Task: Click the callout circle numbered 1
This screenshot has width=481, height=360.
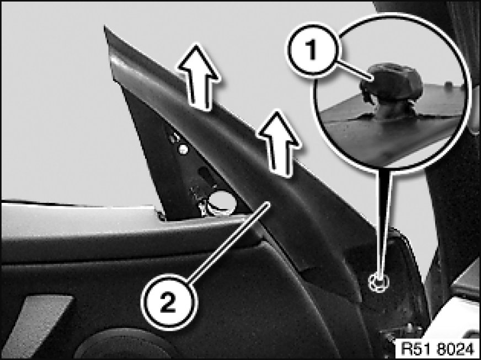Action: [x=313, y=50]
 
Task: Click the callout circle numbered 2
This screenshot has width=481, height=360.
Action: [x=169, y=302]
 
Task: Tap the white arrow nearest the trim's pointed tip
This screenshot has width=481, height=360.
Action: [x=199, y=77]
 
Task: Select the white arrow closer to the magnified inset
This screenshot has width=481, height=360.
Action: [x=279, y=143]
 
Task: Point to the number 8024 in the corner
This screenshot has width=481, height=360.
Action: [x=456, y=349]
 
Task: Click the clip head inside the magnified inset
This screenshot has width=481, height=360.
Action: [x=392, y=82]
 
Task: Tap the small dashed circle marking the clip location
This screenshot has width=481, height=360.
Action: [x=380, y=282]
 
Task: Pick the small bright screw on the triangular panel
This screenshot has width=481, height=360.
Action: [x=183, y=149]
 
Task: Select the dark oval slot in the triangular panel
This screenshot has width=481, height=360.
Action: [x=207, y=175]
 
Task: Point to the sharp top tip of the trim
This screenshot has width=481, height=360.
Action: [x=105, y=26]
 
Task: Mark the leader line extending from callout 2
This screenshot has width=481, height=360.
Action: [x=229, y=241]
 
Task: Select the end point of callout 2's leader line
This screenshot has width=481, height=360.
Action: [x=269, y=202]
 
